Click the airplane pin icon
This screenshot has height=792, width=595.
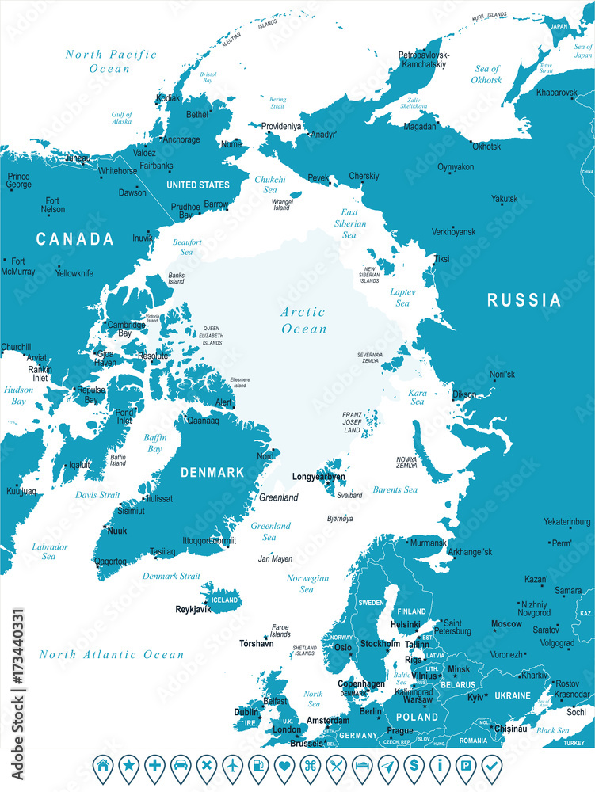point(232,766)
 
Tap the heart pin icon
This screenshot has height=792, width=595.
point(284,766)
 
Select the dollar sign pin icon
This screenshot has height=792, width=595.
point(413,766)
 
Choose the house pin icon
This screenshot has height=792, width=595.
point(103,766)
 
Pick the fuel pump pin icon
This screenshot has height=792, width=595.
point(258,766)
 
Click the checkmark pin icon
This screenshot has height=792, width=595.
point(490,766)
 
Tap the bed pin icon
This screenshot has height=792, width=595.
point(361,766)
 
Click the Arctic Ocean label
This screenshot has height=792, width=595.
point(303,320)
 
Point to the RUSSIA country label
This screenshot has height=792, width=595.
point(524,300)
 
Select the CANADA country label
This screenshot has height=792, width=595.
point(74,238)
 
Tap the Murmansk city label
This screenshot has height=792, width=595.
point(428,543)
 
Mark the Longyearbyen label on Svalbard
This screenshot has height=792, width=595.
point(319,477)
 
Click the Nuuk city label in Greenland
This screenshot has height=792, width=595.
point(116,531)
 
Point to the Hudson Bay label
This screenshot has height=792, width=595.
point(17,395)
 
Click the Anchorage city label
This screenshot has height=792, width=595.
point(181,139)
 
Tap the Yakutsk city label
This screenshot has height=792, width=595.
point(503,199)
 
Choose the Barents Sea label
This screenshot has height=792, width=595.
point(395,489)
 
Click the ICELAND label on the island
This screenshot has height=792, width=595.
point(224,600)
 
